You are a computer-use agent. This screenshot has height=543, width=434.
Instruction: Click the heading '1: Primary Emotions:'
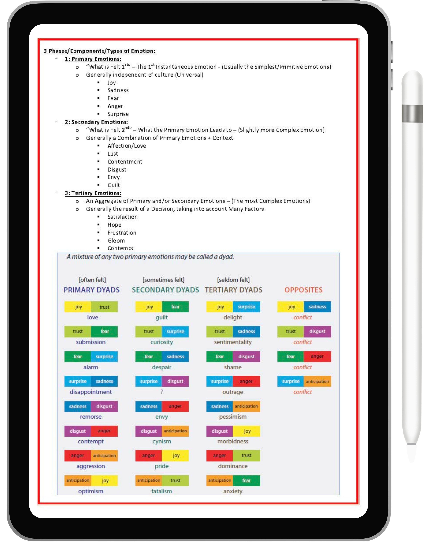tap(93, 59)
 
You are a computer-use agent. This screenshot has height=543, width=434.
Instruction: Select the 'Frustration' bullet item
tap(122, 233)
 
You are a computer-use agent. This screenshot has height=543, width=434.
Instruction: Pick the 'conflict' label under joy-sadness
tap(302, 317)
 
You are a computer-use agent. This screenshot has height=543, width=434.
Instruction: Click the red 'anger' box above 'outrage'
tap(246, 381)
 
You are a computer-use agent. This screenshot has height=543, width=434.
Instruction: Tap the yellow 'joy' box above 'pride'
tap(176, 456)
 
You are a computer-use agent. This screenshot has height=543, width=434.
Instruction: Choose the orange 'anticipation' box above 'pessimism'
tap(246, 406)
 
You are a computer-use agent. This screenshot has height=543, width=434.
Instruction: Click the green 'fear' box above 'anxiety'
tap(246, 481)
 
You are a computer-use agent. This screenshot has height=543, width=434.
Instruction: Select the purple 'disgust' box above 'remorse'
tap(104, 406)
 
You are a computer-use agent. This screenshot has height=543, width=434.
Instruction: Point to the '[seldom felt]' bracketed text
tap(233, 280)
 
